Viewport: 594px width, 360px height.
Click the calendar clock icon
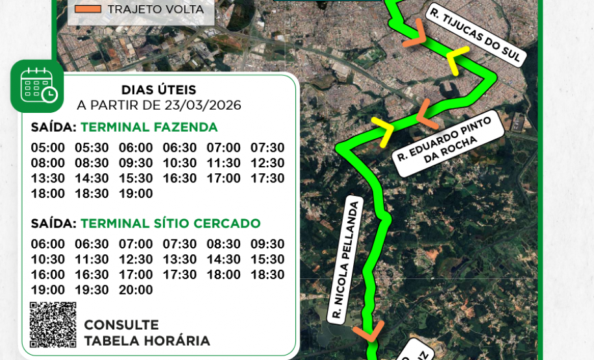coord(37,86)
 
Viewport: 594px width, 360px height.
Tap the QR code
coord(53,325)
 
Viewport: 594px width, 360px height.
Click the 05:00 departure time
coord(48,148)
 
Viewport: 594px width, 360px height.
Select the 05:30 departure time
coord(92,148)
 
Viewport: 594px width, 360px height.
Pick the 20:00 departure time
coord(136,290)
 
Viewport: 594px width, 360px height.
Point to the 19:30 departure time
coord(92,290)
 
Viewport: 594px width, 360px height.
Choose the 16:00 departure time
coord(48,274)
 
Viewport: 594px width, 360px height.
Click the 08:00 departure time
coord(48,163)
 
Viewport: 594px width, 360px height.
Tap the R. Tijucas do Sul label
coord(475,35)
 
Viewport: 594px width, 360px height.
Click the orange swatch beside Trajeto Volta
coord(88,9)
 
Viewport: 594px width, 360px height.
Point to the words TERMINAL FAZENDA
coord(149,127)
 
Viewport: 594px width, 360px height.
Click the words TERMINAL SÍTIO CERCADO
coord(170,224)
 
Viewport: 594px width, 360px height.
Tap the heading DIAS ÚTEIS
coord(158,90)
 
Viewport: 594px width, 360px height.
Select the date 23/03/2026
coord(203,105)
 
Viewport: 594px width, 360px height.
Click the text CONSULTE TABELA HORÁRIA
coord(147,333)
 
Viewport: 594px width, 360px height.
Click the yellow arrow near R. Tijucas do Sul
coord(458,60)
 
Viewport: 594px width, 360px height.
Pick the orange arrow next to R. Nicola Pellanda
coord(368,331)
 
